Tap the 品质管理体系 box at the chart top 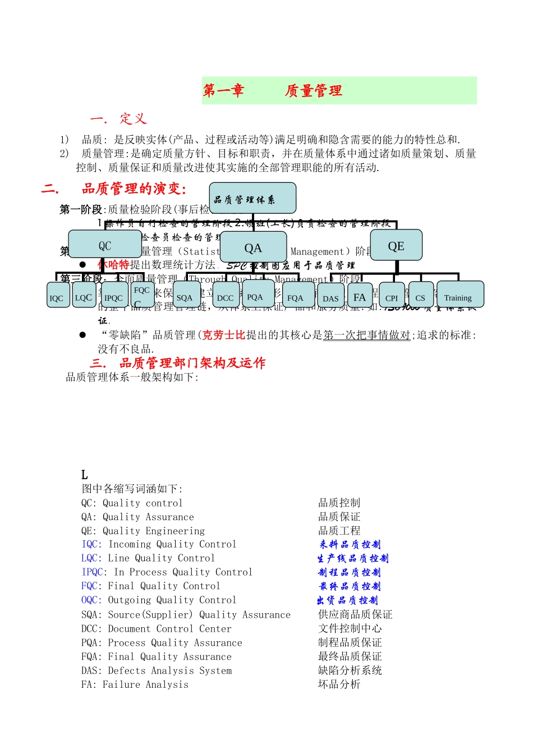pyautogui.click(x=252, y=199)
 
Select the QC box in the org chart pyautogui.click(x=105, y=245)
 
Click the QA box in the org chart pyautogui.click(x=253, y=247)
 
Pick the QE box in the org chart pyautogui.click(x=396, y=245)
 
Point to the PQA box pyautogui.click(x=255, y=295)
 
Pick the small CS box pyautogui.click(x=421, y=296)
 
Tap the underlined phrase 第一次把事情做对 pyautogui.click(x=367, y=335)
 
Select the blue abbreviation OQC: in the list pyautogui.click(x=92, y=600)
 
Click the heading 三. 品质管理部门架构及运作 pyautogui.click(x=177, y=363)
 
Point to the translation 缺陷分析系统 pyautogui.click(x=350, y=670)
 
